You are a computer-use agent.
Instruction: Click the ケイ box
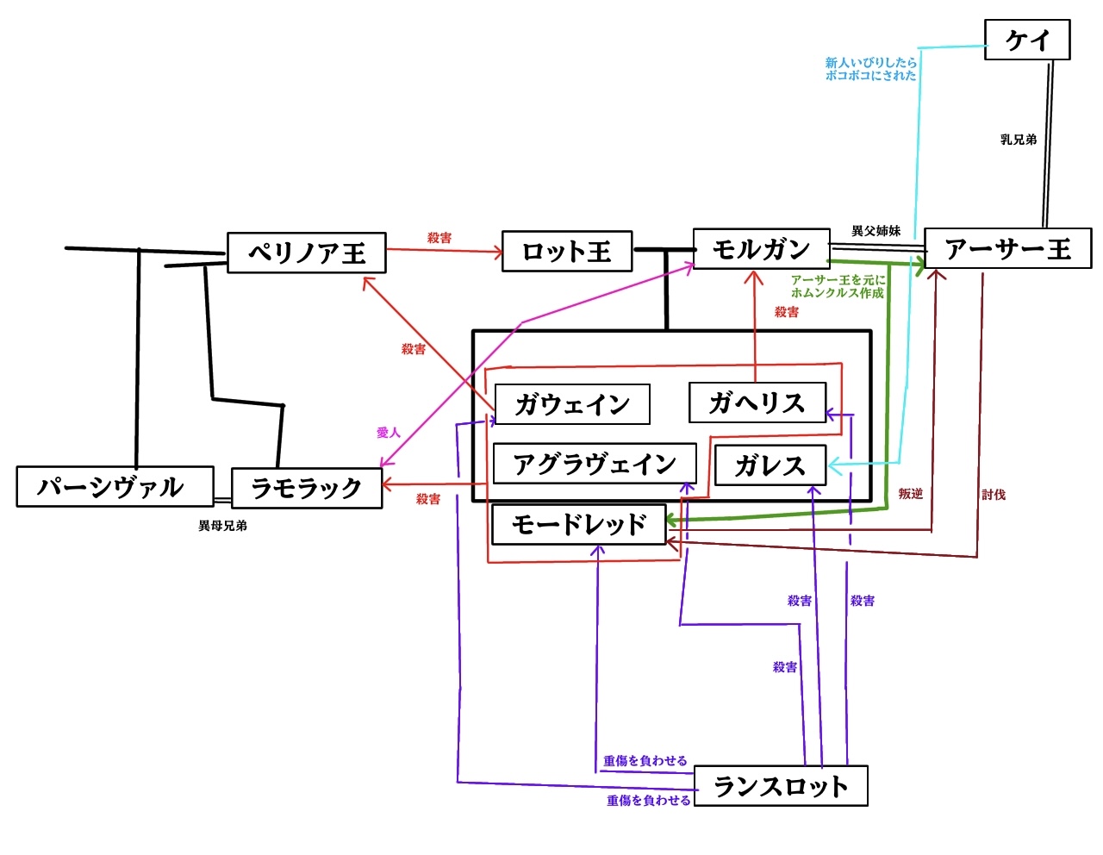click(1027, 40)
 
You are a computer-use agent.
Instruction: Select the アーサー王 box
click(1007, 249)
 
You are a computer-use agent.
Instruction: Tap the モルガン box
click(761, 249)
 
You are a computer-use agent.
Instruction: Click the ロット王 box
click(567, 252)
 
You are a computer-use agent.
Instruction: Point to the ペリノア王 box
click(307, 253)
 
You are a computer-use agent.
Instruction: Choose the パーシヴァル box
click(115, 487)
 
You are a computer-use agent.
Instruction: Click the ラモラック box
click(307, 489)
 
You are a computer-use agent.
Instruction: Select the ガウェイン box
click(572, 404)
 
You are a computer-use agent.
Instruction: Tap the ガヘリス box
click(757, 403)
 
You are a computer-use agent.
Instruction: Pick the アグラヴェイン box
click(595, 464)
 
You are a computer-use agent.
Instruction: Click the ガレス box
click(770, 465)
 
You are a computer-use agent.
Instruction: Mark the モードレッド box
click(578, 524)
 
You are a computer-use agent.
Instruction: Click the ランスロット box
click(780, 786)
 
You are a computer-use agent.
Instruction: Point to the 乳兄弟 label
click(1019, 140)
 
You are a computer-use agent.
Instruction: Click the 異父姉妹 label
click(876, 231)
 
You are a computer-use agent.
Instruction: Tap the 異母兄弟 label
click(222, 526)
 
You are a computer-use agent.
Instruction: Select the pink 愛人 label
click(389, 433)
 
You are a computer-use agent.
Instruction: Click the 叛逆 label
click(910, 494)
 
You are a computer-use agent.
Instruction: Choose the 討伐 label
click(994, 495)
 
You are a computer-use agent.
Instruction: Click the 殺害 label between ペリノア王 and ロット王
click(439, 238)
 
